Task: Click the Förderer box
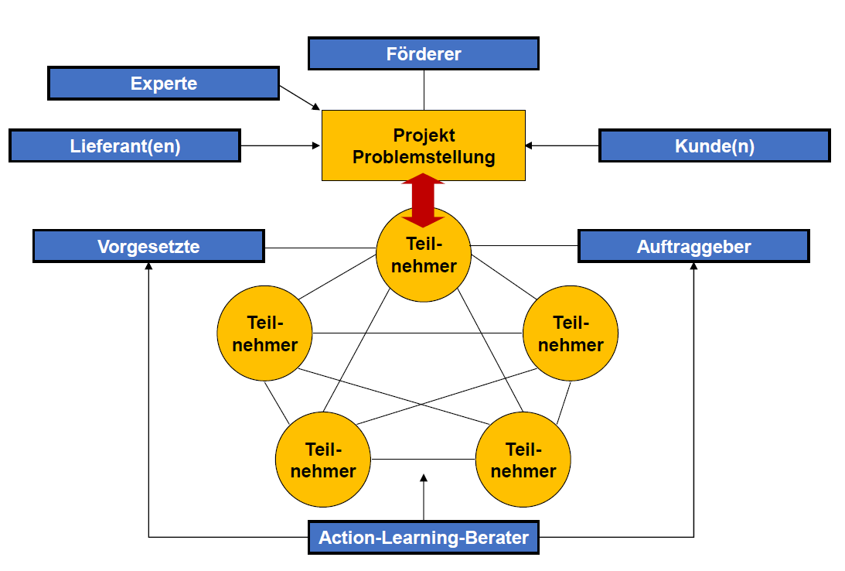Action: pos(423,54)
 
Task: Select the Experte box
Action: pos(163,84)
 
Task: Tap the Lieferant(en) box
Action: pos(124,145)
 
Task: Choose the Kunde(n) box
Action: pos(714,145)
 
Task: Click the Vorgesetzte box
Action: pos(148,247)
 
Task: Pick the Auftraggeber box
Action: pos(693,247)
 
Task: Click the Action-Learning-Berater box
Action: pos(423,538)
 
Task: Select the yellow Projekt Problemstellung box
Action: pos(423,145)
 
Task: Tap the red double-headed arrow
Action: pos(423,200)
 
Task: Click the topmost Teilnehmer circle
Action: pos(423,255)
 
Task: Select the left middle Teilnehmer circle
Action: pos(264,333)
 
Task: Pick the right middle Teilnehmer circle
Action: pos(571,333)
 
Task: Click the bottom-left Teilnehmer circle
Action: pos(323,459)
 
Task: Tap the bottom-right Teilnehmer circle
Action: pos(523,459)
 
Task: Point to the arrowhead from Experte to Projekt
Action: pos(315,106)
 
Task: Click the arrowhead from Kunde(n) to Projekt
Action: pos(530,145)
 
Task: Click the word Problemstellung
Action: pos(423,157)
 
